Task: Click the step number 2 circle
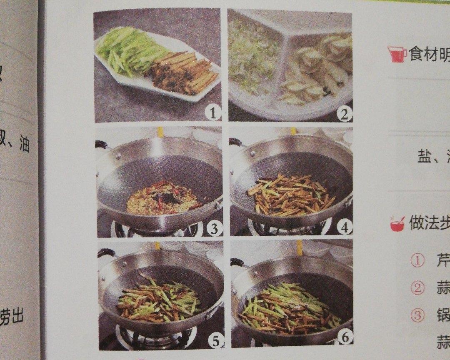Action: point(344,113)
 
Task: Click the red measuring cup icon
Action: point(397,54)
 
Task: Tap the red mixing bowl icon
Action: point(397,224)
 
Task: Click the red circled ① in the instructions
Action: point(417,261)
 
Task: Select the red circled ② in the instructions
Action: point(417,288)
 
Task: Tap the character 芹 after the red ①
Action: point(442,261)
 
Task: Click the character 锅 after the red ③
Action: point(443,315)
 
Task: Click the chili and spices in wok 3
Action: point(162,198)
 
